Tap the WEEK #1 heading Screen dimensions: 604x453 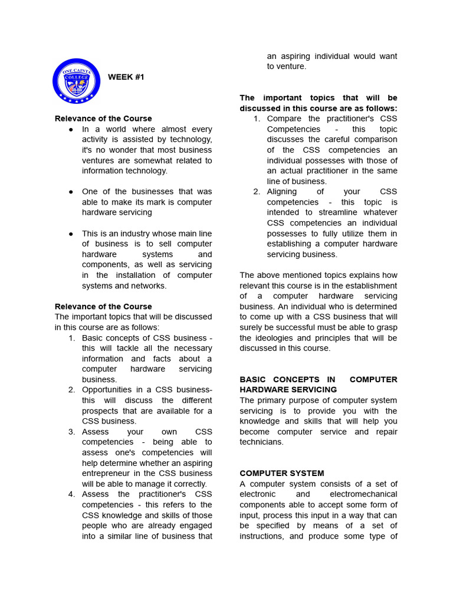126,77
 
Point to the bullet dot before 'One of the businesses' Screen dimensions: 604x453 71,192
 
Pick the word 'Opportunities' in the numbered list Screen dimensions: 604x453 109,390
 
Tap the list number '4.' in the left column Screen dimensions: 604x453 71,494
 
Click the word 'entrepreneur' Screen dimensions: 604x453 106,474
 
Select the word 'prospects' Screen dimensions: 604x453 100,411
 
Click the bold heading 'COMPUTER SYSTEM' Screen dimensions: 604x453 281,474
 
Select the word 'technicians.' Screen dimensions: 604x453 262,442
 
